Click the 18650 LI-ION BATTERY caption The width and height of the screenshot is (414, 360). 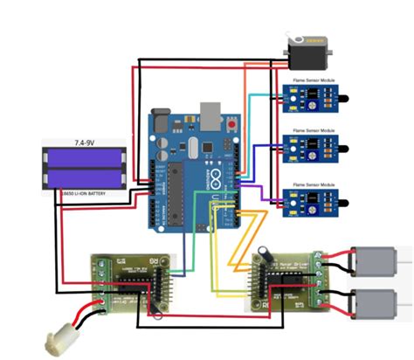85,192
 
